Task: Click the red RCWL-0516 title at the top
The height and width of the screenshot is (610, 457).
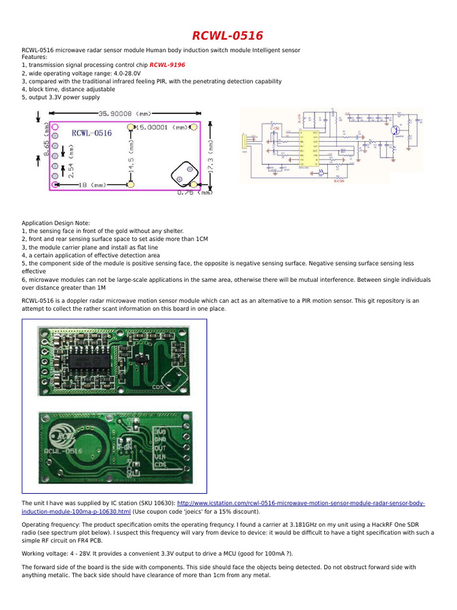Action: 227,36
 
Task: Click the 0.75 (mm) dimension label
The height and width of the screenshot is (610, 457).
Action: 195,192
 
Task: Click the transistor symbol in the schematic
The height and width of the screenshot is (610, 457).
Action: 395,130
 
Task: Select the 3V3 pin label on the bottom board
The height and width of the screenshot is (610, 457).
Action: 160,431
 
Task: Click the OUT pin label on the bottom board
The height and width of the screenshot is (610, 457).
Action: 160,449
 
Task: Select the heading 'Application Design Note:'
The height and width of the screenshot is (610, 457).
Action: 55,223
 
